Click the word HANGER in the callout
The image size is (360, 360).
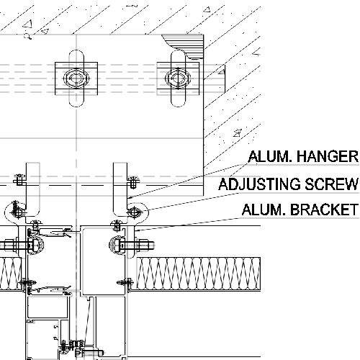coord(328,156)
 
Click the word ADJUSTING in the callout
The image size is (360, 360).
coord(259,184)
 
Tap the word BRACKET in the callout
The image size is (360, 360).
coord(324,210)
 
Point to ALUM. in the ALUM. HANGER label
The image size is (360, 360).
coord(271,156)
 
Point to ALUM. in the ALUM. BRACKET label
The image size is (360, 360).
coord(264,210)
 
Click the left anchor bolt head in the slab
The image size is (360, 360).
coord(76,78)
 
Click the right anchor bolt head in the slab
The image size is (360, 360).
coord(178,78)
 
